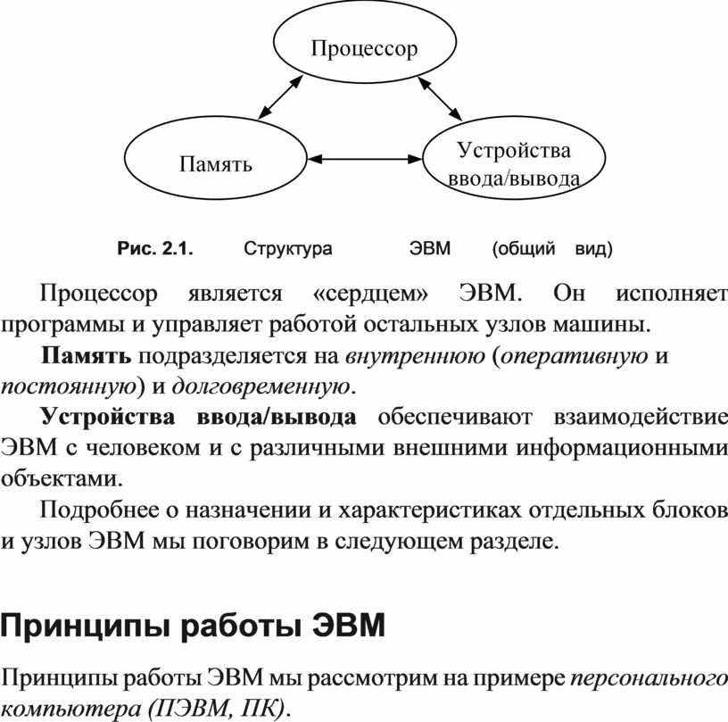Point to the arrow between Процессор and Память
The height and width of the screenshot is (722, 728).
coord(280,97)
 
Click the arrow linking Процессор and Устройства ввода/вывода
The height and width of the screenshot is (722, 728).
coord(440,99)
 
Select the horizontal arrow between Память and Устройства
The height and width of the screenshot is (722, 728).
coord(365,159)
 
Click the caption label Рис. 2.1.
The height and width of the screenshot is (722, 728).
coord(155,249)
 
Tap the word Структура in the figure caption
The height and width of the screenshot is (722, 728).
coord(288,249)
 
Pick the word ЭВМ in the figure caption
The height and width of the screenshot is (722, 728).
coord(430,249)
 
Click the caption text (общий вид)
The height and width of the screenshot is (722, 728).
coord(552,249)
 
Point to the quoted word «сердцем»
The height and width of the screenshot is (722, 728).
coord(370,294)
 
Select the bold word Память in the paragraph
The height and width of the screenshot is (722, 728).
coord(86,356)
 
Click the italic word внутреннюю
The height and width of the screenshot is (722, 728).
coord(415,357)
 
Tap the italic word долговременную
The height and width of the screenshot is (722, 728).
coord(261,387)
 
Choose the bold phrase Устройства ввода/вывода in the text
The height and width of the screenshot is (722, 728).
coord(199,417)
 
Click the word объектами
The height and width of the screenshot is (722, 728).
coord(62,478)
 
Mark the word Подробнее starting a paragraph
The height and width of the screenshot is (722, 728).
coord(99,510)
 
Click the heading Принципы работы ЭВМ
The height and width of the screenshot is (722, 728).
coord(193,627)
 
